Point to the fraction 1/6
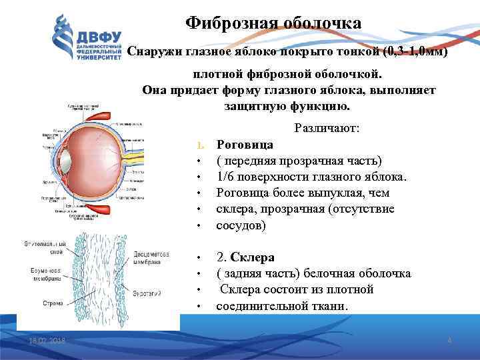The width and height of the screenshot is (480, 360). click(226, 177)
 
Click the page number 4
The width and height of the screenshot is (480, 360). click(449, 341)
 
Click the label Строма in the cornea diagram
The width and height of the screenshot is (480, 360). click(51, 303)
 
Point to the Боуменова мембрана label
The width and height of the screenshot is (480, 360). click(46, 275)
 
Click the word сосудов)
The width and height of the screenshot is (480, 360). click(241, 225)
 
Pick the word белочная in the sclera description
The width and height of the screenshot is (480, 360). click(329, 274)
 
